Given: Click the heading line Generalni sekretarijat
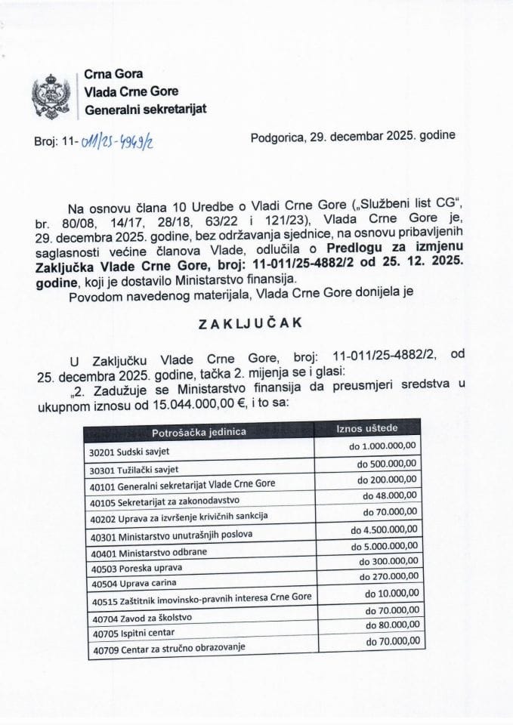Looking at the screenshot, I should click(145, 109).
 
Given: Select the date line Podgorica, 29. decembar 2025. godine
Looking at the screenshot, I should click(352, 137).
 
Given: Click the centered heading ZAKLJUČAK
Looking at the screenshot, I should click(250, 322).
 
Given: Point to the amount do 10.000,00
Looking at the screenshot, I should click(394, 594).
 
